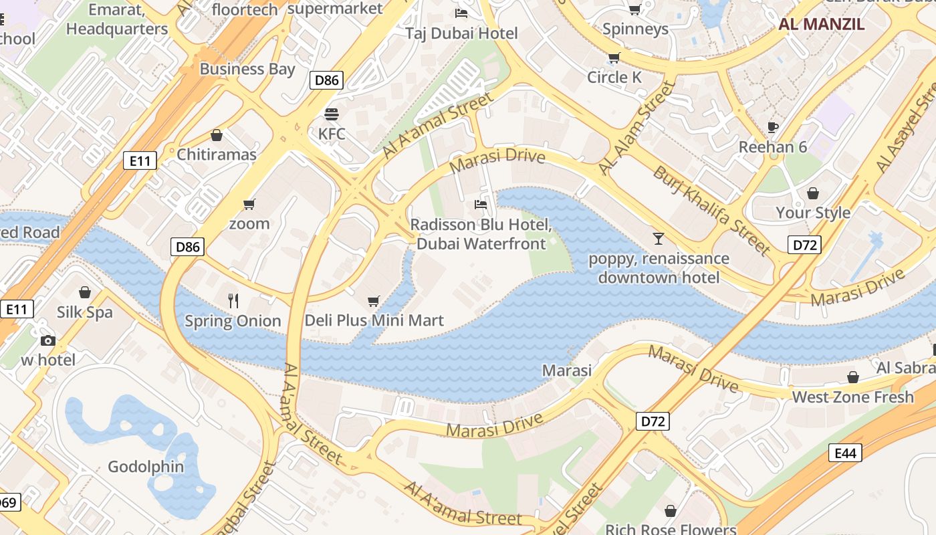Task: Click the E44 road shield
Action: [845, 453]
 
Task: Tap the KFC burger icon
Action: [332, 114]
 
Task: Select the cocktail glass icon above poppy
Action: [659, 238]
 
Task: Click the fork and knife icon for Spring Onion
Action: [233, 301]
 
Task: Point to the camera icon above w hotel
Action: [47, 340]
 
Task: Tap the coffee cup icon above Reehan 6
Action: [773, 127]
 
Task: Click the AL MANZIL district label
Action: [821, 25]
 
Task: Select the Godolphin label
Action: [146, 466]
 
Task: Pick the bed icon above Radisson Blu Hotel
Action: [480, 204]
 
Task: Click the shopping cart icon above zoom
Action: [249, 204]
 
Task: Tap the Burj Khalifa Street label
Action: [711, 210]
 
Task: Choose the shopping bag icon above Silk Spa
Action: [85, 292]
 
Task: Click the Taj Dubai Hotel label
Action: [462, 33]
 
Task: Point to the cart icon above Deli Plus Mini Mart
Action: [374, 301]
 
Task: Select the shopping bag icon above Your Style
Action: [813, 193]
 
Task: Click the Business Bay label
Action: [247, 69]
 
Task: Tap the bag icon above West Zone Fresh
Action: [852, 377]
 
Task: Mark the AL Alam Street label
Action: [636, 128]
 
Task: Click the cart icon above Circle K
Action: [614, 58]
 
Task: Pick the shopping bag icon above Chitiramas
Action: [216, 135]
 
